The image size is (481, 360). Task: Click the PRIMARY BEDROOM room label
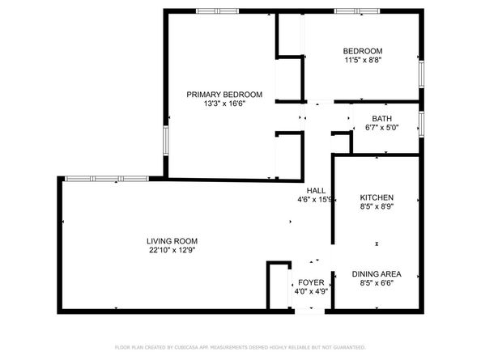tap(215, 94)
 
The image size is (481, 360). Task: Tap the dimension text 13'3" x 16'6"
tap(215, 104)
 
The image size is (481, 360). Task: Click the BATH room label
tap(382, 118)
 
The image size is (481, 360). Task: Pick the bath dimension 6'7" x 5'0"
tap(382, 127)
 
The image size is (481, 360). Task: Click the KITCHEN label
tap(377, 198)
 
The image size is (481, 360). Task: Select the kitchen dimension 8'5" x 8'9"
tap(377, 207)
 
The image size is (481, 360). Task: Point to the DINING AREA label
tap(377, 273)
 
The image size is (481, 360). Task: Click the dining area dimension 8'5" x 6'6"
tap(377, 283)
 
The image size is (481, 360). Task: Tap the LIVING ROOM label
tap(172, 241)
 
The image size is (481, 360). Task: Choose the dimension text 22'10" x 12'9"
tap(172, 250)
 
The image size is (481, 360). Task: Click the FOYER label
tap(311, 282)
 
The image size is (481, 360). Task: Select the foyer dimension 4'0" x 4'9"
tap(311, 291)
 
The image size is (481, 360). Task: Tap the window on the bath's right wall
tap(421, 122)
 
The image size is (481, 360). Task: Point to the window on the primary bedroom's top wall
tap(217, 11)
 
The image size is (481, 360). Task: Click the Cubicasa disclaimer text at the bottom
tap(240, 346)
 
